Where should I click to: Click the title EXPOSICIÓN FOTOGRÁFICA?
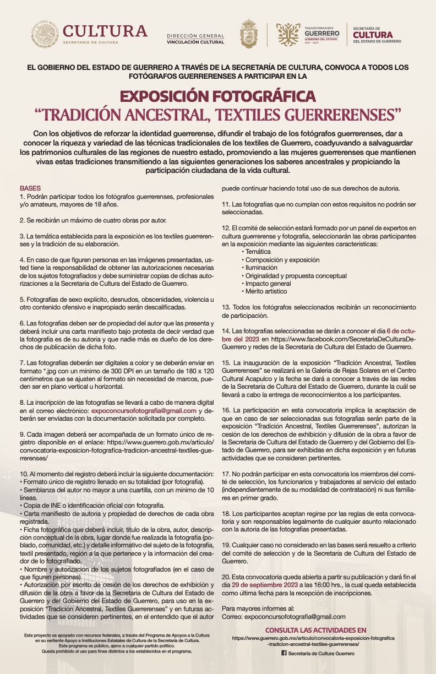click(218, 96)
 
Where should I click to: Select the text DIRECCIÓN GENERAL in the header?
click(195, 35)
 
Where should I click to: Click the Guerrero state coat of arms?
click(249, 34)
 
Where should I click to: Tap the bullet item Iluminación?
click(263, 267)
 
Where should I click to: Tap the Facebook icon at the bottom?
click(284, 653)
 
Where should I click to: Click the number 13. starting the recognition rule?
click(226, 306)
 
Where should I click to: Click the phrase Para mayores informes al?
click(258, 608)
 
